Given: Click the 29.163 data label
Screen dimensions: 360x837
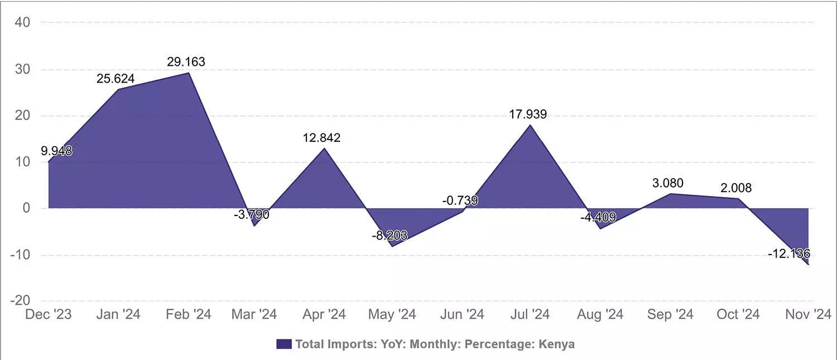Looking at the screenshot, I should point(186,61).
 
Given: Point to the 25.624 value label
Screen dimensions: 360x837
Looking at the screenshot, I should point(116,79).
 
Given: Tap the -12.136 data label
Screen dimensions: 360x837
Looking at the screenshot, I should point(789,253).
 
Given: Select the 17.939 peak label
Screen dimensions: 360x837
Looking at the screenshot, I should point(528,114).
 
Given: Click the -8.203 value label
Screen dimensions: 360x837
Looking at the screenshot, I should point(389,236).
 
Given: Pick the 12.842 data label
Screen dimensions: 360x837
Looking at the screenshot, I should point(321,138).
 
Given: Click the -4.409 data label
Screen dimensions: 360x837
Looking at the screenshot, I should point(598,217).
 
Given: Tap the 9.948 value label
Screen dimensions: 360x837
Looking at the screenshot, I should point(56,151).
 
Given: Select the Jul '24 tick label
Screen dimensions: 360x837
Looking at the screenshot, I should point(529,315).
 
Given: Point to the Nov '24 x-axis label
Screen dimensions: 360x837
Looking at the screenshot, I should point(807,315).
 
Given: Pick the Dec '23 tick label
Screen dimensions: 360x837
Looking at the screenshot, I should point(49,315).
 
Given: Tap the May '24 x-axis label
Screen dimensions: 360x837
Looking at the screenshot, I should point(392,315).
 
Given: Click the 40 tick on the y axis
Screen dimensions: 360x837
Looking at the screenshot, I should point(23,22).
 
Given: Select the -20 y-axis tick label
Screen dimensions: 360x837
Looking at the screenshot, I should point(20,301).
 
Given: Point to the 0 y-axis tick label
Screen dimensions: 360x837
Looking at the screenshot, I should point(26,208).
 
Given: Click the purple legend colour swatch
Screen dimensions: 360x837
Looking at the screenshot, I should point(284,344).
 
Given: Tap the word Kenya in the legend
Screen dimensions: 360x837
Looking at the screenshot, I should point(556,344).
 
